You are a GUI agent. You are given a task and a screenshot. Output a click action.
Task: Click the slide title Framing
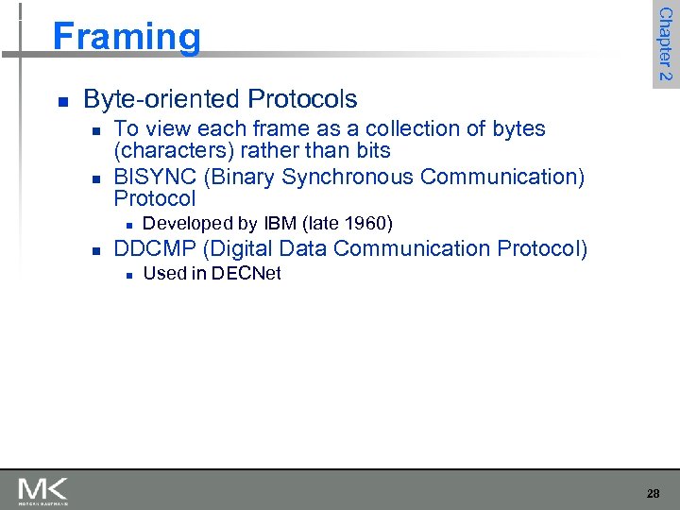[x=127, y=37]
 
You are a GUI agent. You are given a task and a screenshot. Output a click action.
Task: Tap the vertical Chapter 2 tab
[x=665, y=43]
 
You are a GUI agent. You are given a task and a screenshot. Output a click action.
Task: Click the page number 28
[x=653, y=493]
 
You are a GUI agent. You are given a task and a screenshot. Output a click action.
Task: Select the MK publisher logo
[x=42, y=491]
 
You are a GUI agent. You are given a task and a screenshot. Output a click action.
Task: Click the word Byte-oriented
[x=161, y=99]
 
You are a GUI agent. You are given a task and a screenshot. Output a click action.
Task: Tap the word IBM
[x=280, y=224]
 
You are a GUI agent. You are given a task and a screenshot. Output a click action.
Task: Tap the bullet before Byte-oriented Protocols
[x=61, y=100]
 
